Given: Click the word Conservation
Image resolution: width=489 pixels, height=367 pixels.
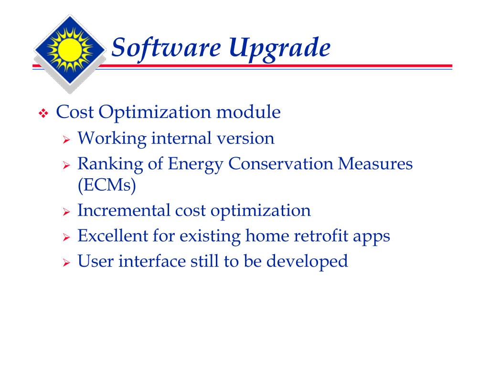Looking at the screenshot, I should click(x=281, y=164).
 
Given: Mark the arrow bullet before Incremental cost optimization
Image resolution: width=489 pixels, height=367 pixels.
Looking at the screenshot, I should click(x=67, y=212).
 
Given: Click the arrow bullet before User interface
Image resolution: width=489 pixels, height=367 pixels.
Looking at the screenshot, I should click(x=67, y=263).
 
